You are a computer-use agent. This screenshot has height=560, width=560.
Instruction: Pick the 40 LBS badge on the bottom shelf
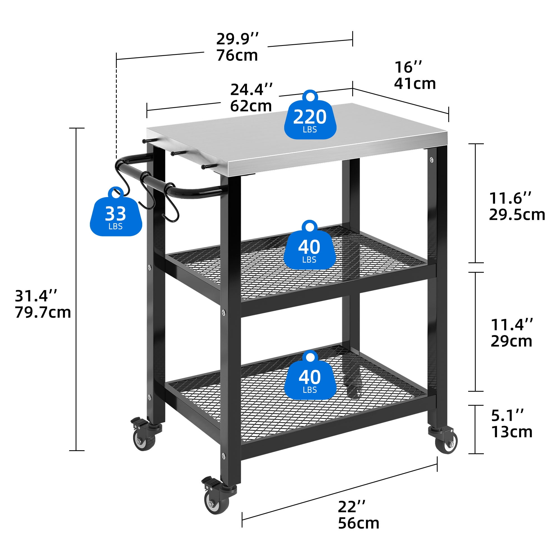(x=310, y=375)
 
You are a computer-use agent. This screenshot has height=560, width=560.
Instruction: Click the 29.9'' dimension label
(x=237, y=39)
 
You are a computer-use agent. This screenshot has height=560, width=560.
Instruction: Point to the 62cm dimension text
(x=251, y=106)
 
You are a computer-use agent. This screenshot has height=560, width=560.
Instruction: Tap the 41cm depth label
(x=415, y=83)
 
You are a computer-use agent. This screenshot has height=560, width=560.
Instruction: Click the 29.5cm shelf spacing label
(x=517, y=215)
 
